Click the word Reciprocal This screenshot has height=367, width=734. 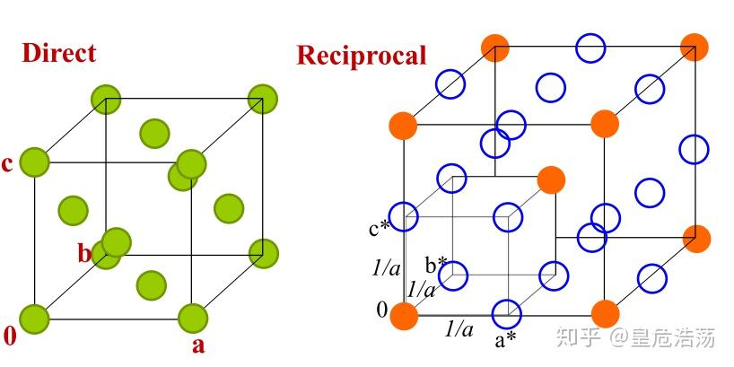tap(361, 56)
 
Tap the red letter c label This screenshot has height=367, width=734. tap(8, 164)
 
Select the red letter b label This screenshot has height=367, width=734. tap(83, 254)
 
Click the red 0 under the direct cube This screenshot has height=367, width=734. tap(10, 337)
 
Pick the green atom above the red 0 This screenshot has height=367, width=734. tap(34, 318)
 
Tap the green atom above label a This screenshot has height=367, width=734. tap(193, 318)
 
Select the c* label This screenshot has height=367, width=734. tap(379, 228)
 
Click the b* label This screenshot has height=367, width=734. tap(437, 265)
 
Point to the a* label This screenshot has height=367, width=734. tap(506, 340)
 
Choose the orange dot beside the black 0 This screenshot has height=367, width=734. tap(405, 315)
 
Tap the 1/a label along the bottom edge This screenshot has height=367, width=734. tap(459, 329)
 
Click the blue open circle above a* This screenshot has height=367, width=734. tap(507, 313)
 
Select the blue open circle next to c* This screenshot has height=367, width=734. tap(405, 216)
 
